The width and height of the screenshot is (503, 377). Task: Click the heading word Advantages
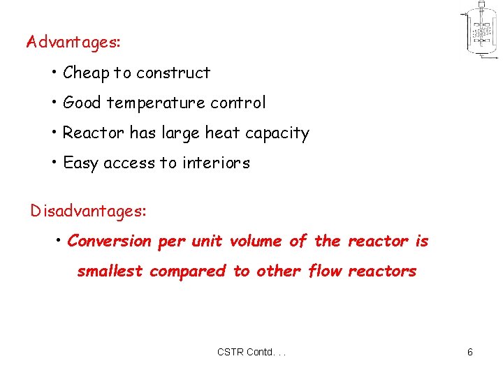tap(73, 42)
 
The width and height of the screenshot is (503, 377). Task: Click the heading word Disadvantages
tap(88, 210)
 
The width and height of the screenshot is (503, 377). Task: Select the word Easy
tap(81, 163)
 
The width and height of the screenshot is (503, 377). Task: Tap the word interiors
tap(215, 163)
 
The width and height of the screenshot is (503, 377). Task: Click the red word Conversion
tap(109, 241)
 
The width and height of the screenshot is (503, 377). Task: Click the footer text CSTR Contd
tap(251, 352)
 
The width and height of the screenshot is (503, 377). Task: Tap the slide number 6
tap(470, 352)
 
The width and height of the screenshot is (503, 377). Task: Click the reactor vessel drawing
tap(480, 31)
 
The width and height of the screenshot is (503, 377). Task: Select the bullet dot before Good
tap(54, 103)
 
